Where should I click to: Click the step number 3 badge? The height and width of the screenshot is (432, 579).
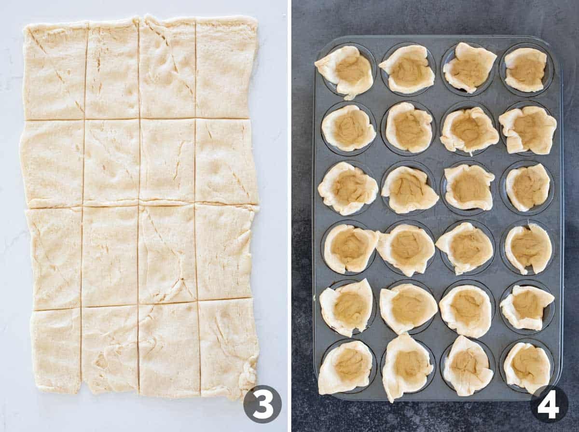pos(262,404)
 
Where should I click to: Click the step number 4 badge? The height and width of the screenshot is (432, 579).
pos(549,404)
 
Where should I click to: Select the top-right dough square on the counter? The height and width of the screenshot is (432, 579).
pos(226,68)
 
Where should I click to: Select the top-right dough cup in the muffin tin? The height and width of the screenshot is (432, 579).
pos(525,70)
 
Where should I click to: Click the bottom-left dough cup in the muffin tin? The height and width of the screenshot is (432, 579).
pos(345,366)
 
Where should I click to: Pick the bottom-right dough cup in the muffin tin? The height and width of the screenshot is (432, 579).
pos(527,367)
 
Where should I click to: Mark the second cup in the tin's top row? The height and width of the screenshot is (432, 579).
pos(407,69)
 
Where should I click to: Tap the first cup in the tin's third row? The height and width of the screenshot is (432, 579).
pos(347,188)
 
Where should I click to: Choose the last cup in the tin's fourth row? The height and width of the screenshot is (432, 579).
pos(528,248)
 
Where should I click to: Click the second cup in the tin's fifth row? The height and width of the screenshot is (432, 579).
pos(408,307)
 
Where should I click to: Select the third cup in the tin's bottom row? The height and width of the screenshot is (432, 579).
pos(468,365)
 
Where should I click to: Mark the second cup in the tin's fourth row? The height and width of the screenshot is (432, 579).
pos(406,248)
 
